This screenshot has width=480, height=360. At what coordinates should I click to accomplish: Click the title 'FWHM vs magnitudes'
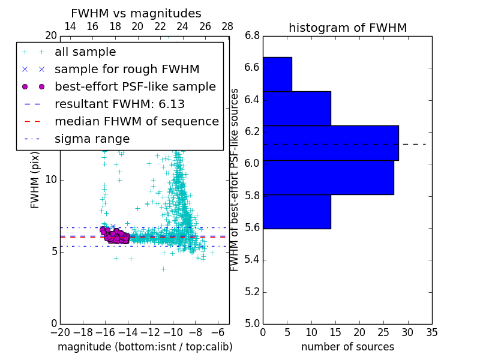point(136,13)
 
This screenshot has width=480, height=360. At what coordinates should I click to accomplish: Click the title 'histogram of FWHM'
point(347,28)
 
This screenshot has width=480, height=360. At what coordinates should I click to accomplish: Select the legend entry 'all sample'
point(85,52)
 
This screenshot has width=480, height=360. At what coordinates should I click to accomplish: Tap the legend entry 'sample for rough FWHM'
point(127,70)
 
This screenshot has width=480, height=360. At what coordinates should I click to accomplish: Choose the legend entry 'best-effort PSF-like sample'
point(135,86)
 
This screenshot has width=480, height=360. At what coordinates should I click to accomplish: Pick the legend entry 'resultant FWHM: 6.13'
point(119,104)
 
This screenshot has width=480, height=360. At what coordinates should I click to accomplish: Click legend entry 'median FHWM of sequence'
point(136,121)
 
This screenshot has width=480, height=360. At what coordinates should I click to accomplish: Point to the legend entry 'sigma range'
point(92,139)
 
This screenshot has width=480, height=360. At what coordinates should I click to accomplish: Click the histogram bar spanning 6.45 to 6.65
point(277,74)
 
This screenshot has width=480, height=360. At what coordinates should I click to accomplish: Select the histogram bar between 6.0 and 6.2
point(331,143)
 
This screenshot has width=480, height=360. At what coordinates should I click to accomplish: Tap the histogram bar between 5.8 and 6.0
point(328,178)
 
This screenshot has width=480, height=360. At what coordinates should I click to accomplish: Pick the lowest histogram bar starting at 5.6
point(296,212)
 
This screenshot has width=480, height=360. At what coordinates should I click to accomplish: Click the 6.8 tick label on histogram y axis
point(251,35)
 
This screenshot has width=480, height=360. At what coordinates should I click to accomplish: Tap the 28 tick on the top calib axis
point(227,26)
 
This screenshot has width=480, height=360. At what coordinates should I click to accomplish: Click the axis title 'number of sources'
point(347,347)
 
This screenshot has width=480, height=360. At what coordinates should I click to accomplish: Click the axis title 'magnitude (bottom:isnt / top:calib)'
point(145,347)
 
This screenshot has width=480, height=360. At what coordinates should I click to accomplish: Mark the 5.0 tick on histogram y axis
point(251,323)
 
